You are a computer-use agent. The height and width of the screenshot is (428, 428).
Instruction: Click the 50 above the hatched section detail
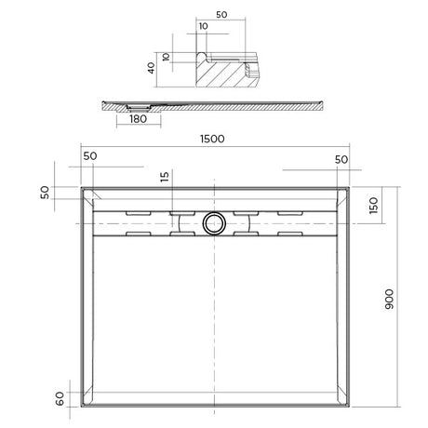221,16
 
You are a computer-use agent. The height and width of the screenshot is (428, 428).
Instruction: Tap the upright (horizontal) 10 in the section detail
204,27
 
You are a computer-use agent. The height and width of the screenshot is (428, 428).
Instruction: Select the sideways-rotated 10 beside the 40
167,58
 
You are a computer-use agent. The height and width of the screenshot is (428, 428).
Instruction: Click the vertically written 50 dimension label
45,192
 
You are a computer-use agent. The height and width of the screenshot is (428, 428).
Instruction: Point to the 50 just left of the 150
341,159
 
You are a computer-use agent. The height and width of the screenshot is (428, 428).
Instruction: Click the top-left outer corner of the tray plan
81,185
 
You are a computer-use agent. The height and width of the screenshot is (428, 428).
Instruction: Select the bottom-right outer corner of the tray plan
351,410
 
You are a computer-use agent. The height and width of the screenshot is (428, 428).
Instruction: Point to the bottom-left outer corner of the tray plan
81,410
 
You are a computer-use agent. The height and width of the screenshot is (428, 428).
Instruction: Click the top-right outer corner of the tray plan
351,185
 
